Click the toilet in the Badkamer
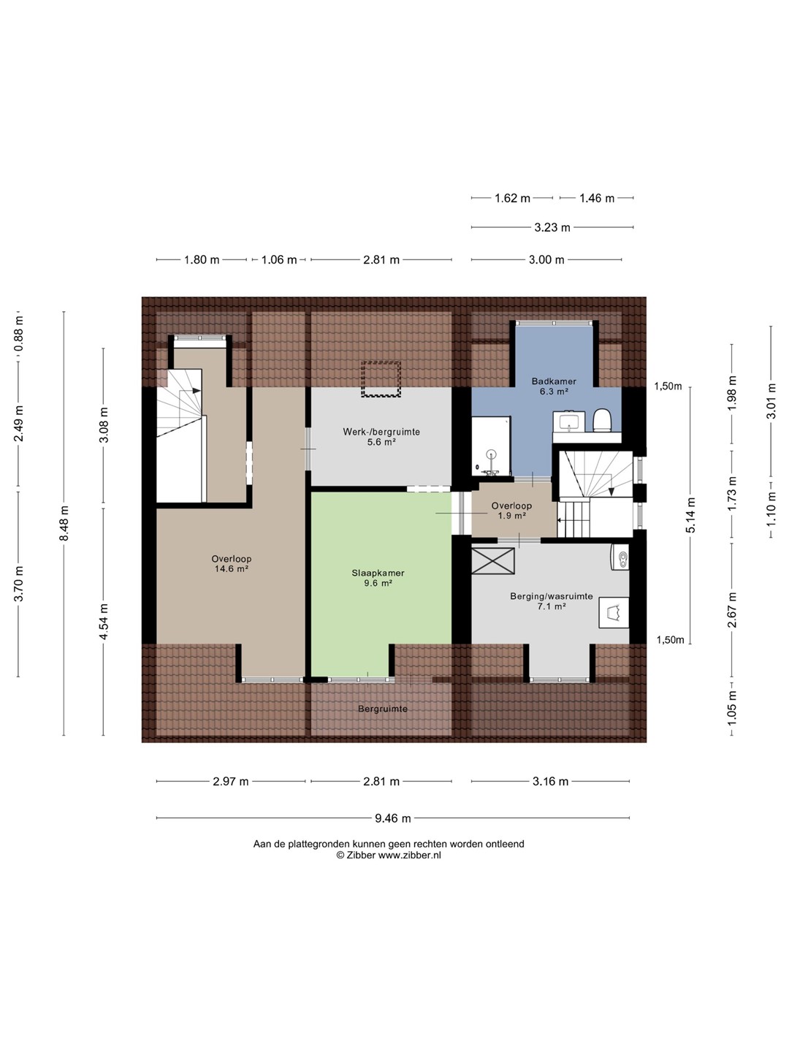point(602,420)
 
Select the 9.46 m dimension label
point(393,818)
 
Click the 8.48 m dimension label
point(64,523)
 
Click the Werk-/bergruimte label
point(381,432)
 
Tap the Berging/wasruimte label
point(552,597)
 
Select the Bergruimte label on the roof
point(383,709)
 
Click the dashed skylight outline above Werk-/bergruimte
point(381,379)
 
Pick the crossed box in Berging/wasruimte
point(493,561)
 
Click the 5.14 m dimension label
point(690,515)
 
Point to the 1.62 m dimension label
point(512,199)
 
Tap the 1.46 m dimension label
point(596,199)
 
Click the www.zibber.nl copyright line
point(389,855)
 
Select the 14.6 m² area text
point(232,569)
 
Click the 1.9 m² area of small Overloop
point(511,516)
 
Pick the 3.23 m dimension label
point(552,228)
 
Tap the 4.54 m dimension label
point(104,621)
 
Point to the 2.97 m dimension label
point(230,782)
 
